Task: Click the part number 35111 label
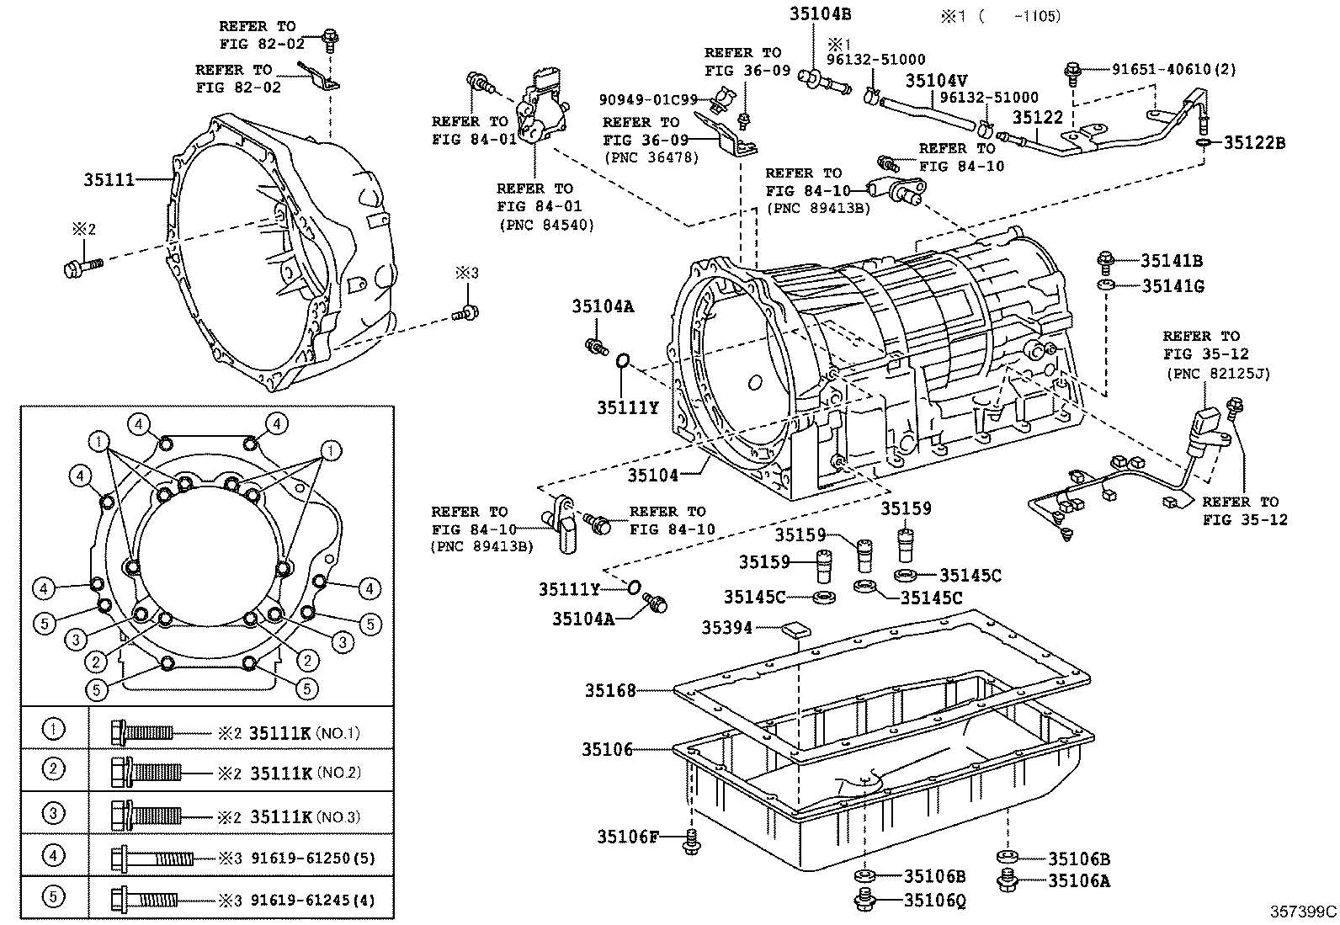tap(109, 179)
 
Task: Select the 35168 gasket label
tap(610, 691)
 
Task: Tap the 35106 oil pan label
tap(607, 749)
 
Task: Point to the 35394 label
tap(727, 627)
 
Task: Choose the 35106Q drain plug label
tap(934, 901)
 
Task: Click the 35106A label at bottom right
tap(1079, 881)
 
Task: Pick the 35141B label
tap(1172, 262)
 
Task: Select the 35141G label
tap(1172, 287)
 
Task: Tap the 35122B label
tap(1254, 143)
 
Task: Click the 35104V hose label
tap(936, 81)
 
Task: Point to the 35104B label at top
tap(820, 13)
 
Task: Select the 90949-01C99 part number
tap(648, 99)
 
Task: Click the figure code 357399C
tap(1303, 912)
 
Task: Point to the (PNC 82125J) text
tap(1217, 373)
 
